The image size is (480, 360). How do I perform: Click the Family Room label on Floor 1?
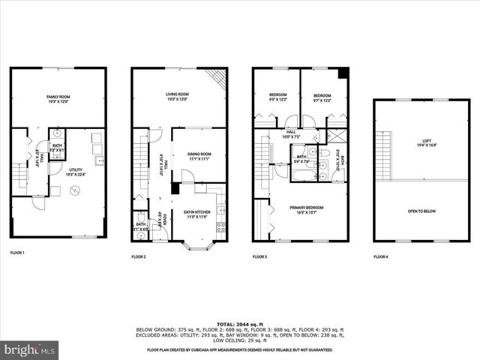(58, 98)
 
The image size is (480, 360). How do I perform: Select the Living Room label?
(176, 97)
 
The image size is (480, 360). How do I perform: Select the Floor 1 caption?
(17, 253)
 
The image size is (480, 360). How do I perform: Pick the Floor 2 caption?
(139, 257)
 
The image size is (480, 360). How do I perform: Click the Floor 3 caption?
(259, 257)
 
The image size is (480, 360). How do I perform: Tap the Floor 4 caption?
(381, 257)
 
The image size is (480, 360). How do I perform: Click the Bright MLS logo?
(30, 349)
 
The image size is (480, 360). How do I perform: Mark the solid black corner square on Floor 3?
(343, 73)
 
